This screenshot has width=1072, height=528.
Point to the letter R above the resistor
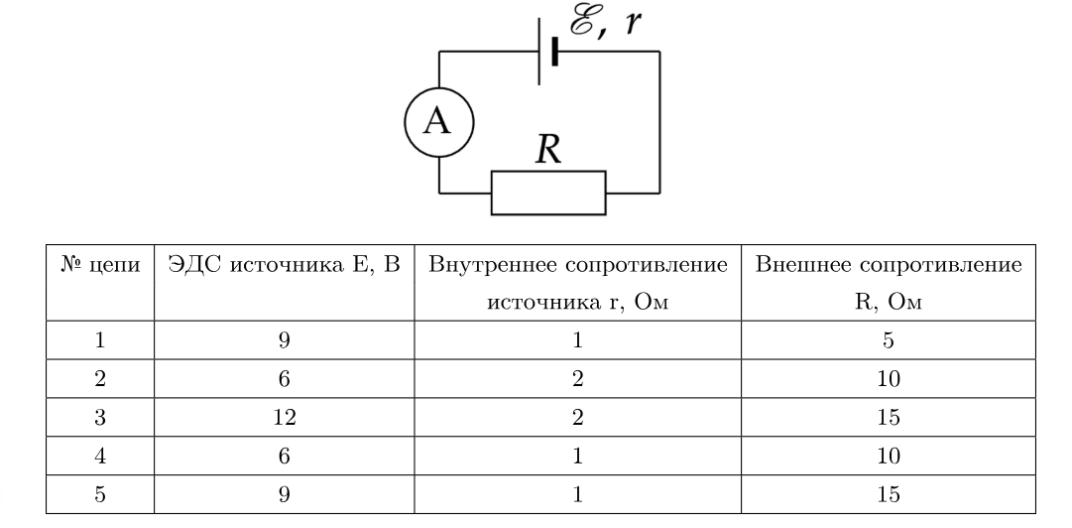(548, 149)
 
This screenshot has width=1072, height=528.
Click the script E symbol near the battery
(583, 21)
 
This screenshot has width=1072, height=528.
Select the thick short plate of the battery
(554, 52)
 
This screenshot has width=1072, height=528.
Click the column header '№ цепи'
(100, 264)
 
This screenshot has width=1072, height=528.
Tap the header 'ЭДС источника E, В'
(284, 265)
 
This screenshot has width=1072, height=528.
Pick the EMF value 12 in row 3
(284, 417)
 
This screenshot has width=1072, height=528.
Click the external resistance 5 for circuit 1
(889, 339)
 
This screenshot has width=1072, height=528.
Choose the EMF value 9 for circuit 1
(284, 339)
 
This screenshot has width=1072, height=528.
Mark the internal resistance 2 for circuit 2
(578, 378)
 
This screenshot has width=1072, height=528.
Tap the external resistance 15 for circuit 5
(889, 494)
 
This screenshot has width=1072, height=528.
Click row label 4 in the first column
(100, 456)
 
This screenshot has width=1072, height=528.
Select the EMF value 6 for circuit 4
(284, 456)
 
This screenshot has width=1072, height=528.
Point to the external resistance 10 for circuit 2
(889, 378)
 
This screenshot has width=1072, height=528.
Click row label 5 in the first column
(100, 494)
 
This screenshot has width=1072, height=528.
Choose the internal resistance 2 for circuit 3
(578, 417)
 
